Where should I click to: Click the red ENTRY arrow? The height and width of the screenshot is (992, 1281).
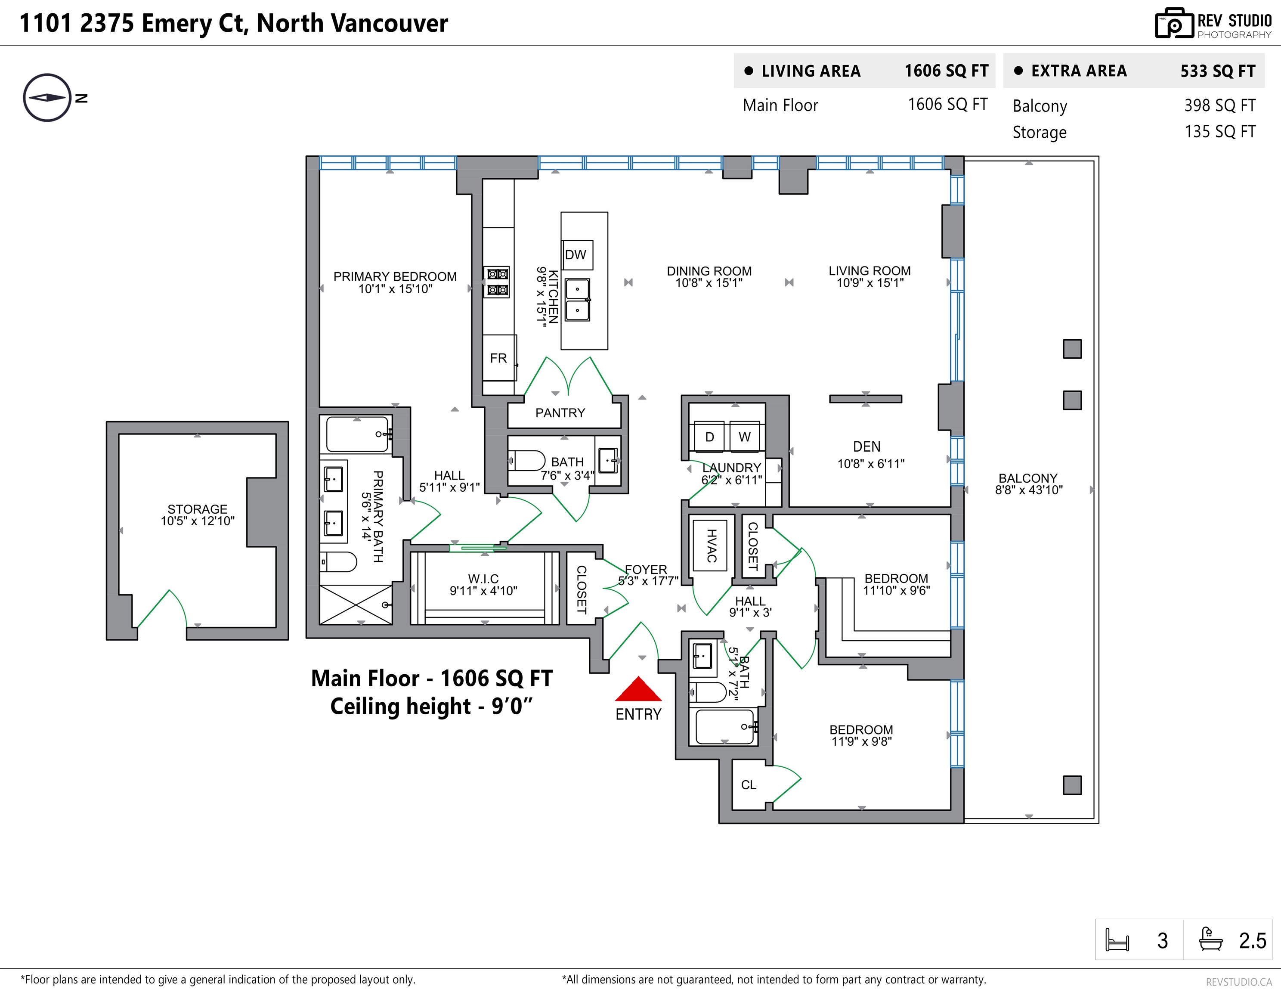[x=638, y=689]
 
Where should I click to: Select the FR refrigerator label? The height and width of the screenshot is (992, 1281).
[x=498, y=358]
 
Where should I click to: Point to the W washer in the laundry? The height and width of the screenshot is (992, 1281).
[x=744, y=437]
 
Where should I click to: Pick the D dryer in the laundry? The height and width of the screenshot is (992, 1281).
[x=710, y=437]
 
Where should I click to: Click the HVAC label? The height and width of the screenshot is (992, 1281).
[x=712, y=546]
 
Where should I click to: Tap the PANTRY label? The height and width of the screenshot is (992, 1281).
[x=560, y=413]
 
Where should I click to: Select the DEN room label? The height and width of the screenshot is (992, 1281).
[x=867, y=446]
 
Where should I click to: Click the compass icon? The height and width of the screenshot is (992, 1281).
[x=47, y=97]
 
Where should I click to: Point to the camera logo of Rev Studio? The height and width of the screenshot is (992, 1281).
[x=1174, y=24]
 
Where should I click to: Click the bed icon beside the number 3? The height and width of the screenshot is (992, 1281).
[x=1117, y=940]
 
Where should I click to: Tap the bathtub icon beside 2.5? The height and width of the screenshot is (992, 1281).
[x=1210, y=939]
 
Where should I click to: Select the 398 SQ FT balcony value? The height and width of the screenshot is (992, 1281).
[x=1220, y=105]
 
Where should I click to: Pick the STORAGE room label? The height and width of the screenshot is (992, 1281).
[x=197, y=509]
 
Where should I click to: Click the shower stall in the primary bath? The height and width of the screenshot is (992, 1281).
[x=356, y=604]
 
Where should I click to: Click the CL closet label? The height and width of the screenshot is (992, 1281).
[x=749, y=785]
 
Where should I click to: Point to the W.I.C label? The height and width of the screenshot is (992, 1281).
[x=483, y=579]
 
